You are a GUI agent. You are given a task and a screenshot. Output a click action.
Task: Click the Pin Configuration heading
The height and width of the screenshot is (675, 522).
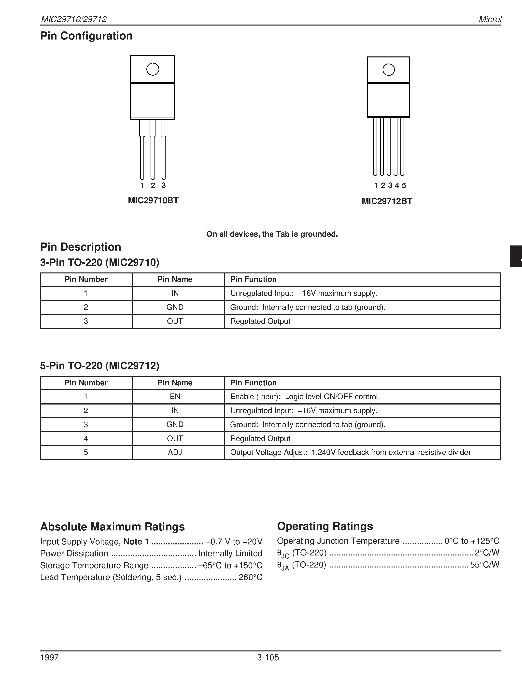[86, 36]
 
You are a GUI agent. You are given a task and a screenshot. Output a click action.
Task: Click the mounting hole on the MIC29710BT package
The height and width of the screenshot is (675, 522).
[153, 69]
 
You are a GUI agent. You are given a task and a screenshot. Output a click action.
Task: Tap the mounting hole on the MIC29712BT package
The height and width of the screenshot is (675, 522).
[388, 70]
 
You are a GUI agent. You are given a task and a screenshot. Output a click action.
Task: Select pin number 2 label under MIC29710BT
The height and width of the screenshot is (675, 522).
[153, 185]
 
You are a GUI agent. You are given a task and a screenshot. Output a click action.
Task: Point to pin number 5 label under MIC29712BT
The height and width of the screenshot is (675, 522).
[404, 185]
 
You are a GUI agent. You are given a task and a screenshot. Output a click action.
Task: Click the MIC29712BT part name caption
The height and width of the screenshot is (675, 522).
[387, 201]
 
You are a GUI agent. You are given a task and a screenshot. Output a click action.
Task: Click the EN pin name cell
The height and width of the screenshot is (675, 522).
[175, 396]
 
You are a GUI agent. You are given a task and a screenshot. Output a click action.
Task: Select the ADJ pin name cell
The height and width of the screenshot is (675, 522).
[175, 452]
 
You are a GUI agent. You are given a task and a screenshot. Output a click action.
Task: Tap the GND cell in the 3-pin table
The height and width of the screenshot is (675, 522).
[175, 307]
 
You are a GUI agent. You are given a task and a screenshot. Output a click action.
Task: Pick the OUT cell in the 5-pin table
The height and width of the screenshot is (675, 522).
[175, 438]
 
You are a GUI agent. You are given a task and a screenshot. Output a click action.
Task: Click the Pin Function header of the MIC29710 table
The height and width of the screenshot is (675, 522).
[253, 279]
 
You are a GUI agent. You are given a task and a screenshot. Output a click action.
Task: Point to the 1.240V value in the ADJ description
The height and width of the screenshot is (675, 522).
[323, 452]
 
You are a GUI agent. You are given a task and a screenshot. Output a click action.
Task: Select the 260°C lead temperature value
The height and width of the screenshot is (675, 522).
[251, 577]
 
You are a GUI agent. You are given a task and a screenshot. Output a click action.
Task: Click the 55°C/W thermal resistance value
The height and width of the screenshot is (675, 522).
[485, 565]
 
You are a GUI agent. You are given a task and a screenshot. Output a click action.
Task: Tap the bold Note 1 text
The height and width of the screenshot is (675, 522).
[136, 542]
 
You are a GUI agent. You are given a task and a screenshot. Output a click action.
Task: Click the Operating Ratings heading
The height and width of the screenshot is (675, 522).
[325, 526]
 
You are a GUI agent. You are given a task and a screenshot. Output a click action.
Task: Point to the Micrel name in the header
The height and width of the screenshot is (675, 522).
[490, 19]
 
